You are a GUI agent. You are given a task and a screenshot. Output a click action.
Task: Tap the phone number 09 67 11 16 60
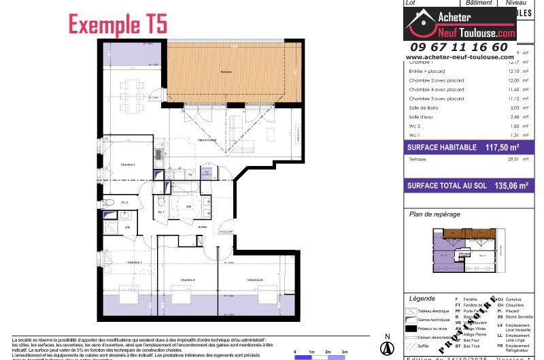(x=457, y=47)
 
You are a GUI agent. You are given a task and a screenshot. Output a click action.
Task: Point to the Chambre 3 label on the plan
(x=128, y=165)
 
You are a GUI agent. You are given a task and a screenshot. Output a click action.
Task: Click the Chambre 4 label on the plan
(x=188, y=280)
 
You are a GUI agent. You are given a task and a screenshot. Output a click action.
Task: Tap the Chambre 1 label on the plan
(x=133, y=262)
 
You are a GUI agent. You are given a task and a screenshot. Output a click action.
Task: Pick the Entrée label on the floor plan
(x=202, y=227)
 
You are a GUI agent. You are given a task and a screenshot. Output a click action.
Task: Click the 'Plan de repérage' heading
(x=435, y=214)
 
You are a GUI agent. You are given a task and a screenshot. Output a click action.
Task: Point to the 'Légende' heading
(x=422, y=299)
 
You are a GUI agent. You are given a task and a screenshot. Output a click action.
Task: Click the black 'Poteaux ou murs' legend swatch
(x=411, y=328)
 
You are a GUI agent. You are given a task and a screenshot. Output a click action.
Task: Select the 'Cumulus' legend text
(x=515, y=299)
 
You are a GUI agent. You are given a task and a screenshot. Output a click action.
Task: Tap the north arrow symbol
(x=387, y=347)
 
